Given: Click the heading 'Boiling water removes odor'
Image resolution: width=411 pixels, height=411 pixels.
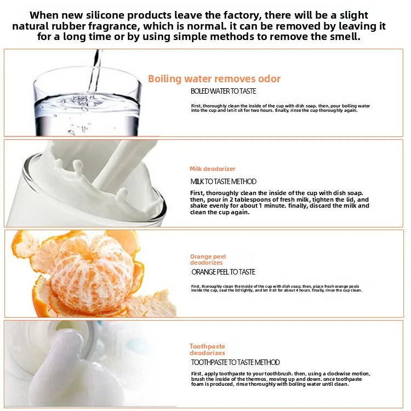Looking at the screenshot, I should (x=214, y=79).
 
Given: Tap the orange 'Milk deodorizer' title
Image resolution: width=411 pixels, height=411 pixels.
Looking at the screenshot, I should (x=213, y=169).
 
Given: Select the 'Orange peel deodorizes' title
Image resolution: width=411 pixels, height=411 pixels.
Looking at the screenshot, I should (x=208, y=260).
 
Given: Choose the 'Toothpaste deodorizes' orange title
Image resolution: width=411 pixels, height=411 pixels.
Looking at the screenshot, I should (x=208, y=350).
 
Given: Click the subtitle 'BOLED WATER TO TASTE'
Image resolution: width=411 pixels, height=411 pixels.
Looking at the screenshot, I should (x=223, y=92).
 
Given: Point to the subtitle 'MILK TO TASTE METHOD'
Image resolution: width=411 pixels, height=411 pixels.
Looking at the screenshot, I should (x=223, y=181).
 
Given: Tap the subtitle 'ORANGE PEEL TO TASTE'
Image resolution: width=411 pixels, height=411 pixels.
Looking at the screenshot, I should (x=223, y=272).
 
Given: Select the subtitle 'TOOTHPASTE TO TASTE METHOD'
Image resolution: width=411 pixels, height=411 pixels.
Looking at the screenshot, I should (x=235, y=362).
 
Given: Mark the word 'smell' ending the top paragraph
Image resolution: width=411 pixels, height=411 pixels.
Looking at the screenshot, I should (x=345, y=37).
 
